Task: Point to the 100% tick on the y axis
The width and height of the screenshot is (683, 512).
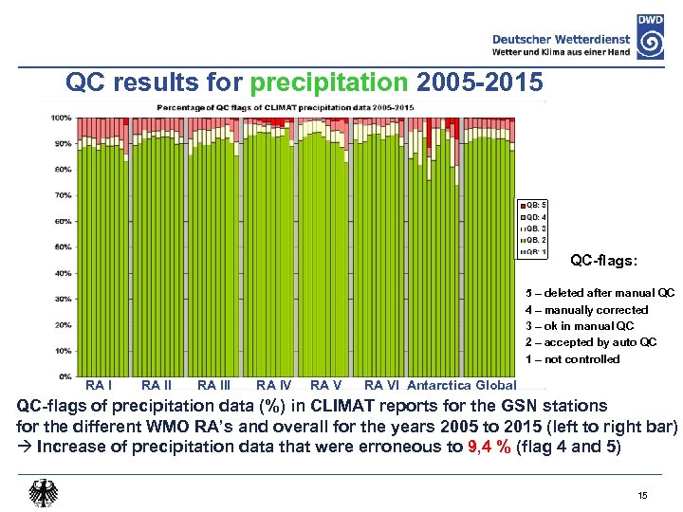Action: coord(61,118)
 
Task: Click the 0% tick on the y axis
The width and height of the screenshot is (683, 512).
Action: coord(65,376)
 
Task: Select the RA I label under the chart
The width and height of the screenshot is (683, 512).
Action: coord(99,385)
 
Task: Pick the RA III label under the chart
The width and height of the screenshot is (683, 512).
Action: coord(213,385)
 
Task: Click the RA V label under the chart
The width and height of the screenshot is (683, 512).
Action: coord(325,385)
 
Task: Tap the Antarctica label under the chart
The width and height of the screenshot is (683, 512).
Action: coord(438,385)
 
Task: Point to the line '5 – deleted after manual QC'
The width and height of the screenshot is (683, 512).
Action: coord(600,293)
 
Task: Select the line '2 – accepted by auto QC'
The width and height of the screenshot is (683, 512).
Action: coord(590,342)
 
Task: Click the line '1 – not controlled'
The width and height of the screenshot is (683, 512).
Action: coord(572,359)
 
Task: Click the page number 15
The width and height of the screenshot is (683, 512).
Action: coord(642,496)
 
